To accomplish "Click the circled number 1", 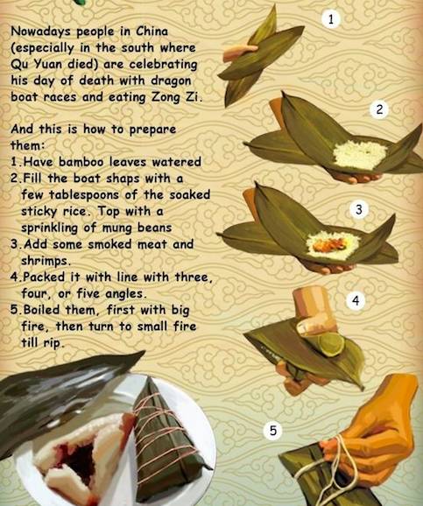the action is [331, 19].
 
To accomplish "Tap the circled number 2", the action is [379, 109].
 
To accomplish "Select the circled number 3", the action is [359, 210].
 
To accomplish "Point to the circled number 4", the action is [356, 301].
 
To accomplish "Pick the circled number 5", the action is [273, 431].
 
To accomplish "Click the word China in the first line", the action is [152, 32].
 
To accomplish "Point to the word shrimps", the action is [45, 261].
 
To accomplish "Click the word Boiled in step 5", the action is [42, 310].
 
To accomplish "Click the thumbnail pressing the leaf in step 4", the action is [305, 327].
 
